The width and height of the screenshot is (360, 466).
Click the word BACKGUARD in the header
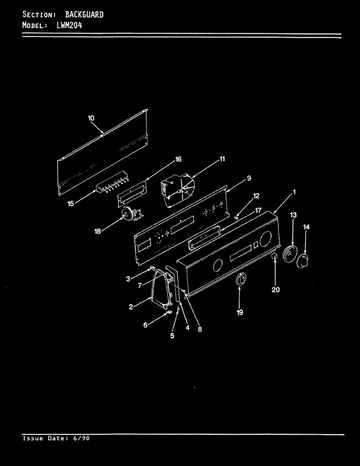pyautogui.click(x=84, y=15)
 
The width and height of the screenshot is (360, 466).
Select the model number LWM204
pyautogui.click(x=69, y=25)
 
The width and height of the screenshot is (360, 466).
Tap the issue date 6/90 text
pyautogui.click(x=81, y=438)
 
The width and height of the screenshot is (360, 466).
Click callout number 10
pyautogui.click(x=91, y=118)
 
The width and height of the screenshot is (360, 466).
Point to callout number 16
pyautogui.click(x=178, y=159)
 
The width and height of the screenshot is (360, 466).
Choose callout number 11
pyautogui.click(x=222, y=159)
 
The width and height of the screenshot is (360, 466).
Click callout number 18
pyautogui.click(x=98, y=231)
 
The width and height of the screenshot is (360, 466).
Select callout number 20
pyautogui.click(x=276, y=290)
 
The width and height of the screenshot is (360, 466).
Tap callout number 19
pyautogui.click(x=240, y=312)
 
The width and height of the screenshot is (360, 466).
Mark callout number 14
pyautogui.click(x=306, y=227)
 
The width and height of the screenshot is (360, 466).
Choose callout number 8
pyautogui.click(x=200, y=329)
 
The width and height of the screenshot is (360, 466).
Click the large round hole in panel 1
pyautogui.click(x=265, y=239)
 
